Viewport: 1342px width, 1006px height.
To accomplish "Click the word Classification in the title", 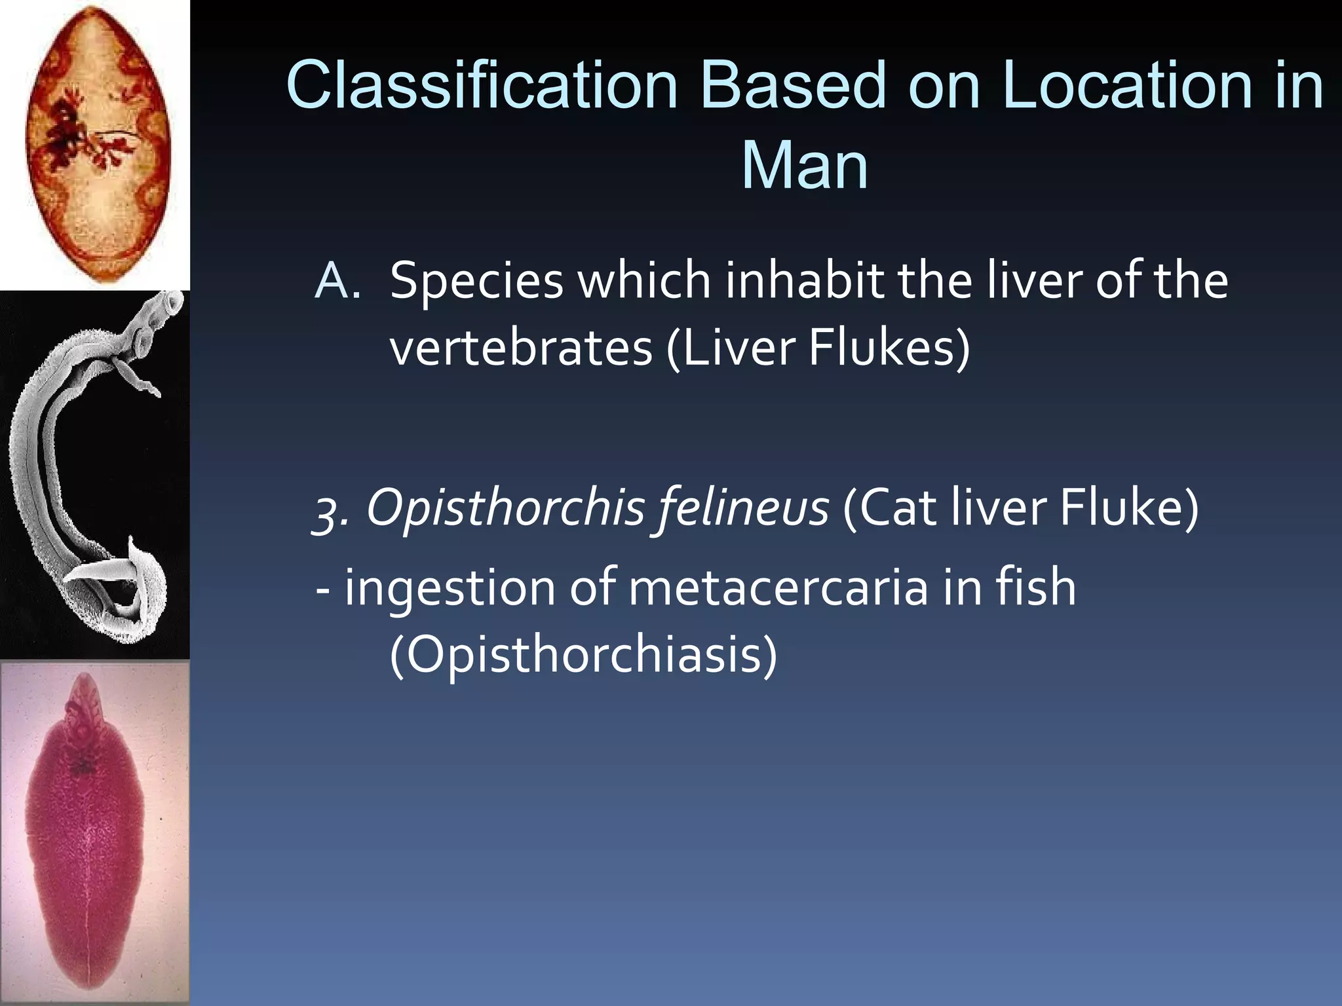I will pos(482,85).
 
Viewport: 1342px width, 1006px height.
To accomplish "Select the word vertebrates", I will pos(521,347).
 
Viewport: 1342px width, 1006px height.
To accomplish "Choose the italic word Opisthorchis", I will pos(505,510).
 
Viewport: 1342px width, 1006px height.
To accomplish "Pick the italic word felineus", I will pos(740,510).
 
